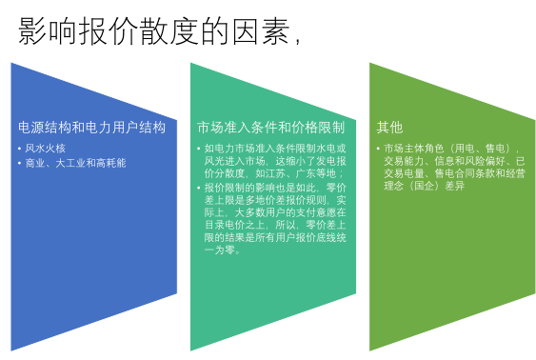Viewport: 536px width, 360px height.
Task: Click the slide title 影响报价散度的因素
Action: (x=154, y=31)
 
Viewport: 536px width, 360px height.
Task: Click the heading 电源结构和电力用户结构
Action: (x=91, y=128)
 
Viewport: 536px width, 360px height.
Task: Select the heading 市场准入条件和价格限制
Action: (x=270, y=128)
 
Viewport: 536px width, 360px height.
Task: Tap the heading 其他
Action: (x=389, y=128)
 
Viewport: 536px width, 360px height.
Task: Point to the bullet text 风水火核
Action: (x=45, y=149)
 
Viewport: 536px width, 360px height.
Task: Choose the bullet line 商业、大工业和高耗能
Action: (x=75, y=163)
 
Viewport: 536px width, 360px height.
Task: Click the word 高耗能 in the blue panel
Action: (x=110, y=163)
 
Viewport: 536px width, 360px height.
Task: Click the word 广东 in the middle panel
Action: (x=306, y=173)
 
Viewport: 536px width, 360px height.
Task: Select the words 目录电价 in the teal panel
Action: (x=225, y=225)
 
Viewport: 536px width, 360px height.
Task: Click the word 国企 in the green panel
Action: (x=425, y=186)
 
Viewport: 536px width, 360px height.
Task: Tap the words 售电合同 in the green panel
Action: (x=454, y=173)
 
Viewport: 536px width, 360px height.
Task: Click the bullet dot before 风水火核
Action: (x=19, y=149)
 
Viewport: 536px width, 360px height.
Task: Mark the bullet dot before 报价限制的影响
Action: (x=199, y=188)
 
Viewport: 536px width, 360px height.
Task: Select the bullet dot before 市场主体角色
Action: (x=378, y=149)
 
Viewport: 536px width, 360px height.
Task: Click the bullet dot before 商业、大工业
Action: (x=19, y=164)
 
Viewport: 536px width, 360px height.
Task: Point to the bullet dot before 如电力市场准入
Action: (x=199, y=149)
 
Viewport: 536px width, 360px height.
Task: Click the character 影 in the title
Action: (x=32, y=31)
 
